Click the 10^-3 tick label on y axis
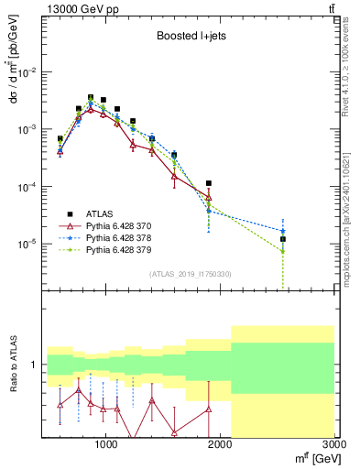[x=27, y=130]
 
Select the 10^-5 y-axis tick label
[x=27, y=245]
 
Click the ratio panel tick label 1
[x=35, y=365]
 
